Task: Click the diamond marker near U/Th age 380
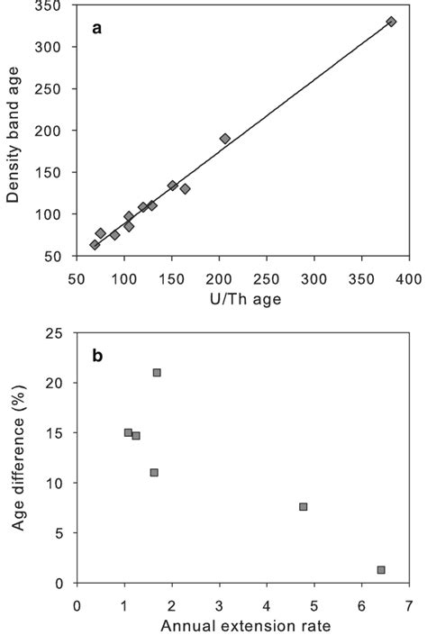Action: [391, 22]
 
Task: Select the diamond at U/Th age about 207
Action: [225, 139]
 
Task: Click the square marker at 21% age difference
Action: [157, 373]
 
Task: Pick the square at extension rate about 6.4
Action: [381, 570]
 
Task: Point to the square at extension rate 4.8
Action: [304, 507]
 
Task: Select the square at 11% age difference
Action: [154, 473]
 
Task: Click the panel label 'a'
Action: [97, 28]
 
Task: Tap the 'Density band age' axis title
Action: [15, 131]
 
